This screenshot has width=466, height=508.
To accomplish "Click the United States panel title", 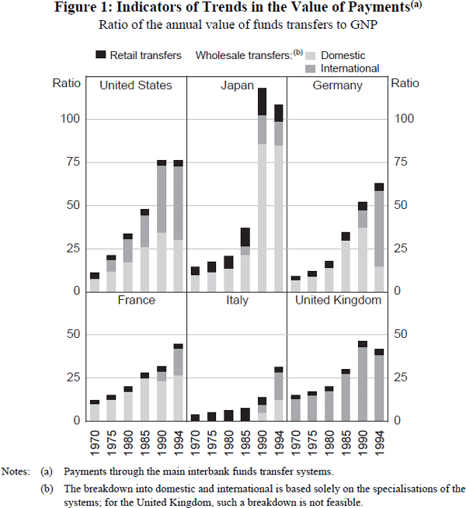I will (x=136, y=85).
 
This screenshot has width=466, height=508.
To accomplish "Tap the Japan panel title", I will (x=237, y=85).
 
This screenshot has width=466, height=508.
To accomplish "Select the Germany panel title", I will (x=337, y=85).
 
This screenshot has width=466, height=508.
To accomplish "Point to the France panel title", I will (x=136, y=300).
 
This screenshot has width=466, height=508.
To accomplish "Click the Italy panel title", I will (x=237, y=300).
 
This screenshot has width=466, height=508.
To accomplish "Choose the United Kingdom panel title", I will (x=337, y=300).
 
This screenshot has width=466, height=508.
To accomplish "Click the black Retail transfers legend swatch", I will (x=99, y=55).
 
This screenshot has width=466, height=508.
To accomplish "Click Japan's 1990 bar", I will (x=263, y=190).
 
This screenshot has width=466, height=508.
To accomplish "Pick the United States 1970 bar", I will (x=95, y=282).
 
